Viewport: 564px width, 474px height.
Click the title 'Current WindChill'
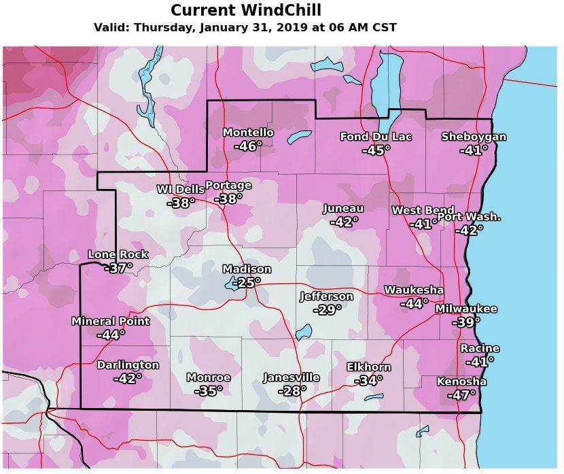pyautogui.click(x=246, y=11)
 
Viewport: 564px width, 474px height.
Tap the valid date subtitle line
pyautogui.click(x=245, y=28)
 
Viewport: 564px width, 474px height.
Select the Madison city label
pyautogui.click(x=247, y=269)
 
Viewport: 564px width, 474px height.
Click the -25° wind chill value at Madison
pyautogui.click(x=247, y=283)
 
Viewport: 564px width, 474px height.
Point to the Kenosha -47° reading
pyautogui.click(x=461, y=395)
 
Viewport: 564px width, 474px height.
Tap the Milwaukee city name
pyautogui.click(x=466, y=309)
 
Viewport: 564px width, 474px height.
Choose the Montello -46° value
pyautogui.click(x=248, y=146)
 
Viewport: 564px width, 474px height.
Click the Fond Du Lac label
pyautogui.click(x=376, y=137)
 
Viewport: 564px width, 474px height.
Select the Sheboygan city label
pyautogui.click(x=474, y=137)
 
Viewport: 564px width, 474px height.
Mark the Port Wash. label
pyautogui.click(x=469, y=217)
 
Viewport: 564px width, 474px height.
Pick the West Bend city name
pyautogui.click(x=423, y=211)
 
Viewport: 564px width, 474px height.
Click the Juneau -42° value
pyautogui.click(x=344, y=222)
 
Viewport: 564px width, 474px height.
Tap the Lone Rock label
pyautogui.click(x=118, y=254)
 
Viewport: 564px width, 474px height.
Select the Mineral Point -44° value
pyautogui.click(x=111, y=335)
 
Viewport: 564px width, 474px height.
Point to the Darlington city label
pyautogui.click(x=128, y=365)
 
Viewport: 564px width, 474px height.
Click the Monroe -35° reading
pyautogui.click(x=209, y=391)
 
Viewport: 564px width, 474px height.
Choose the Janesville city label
pyautogui.click(x=292, y=377)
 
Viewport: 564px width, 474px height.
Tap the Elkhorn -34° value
pyautogui.click(x=368, y=381)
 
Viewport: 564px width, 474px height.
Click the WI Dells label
pyautogui.click(x=180, y=189)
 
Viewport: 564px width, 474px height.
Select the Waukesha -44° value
pyautogui.click(x=414, y=304)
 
